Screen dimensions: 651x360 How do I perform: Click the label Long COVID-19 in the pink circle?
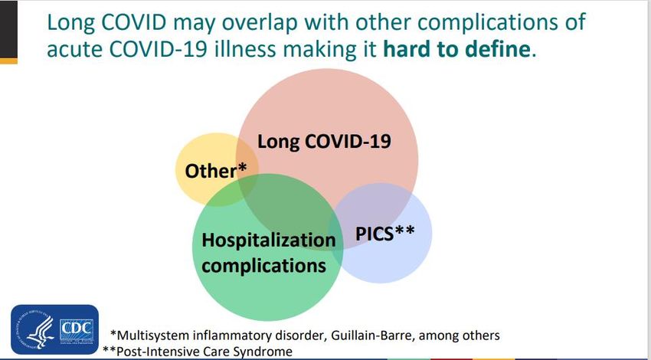click(324, 141)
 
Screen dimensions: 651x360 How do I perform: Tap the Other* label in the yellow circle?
click(215, 171)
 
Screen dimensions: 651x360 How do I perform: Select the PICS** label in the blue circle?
click(385, 233)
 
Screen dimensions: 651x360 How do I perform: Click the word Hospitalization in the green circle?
click(268, 240)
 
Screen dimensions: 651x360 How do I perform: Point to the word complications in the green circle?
click(263, 266)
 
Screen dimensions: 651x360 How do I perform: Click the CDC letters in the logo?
click(77, 329)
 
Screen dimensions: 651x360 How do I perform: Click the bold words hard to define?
click(456, 49)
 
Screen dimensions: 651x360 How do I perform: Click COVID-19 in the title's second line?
click(158, 49)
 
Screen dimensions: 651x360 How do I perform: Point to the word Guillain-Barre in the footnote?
click(361, 335)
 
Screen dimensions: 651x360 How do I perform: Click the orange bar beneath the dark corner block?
click(8, 61)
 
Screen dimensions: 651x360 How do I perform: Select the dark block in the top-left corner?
click(8, 29)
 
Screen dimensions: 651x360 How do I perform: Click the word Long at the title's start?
click(71, 23)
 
